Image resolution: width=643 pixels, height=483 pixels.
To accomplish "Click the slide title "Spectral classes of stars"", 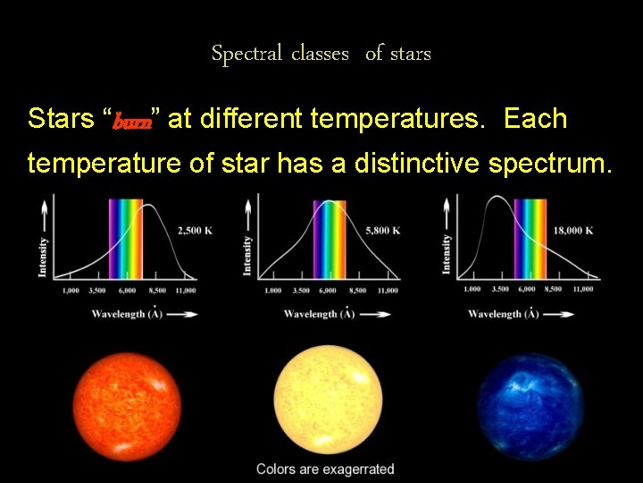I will click(321, 54).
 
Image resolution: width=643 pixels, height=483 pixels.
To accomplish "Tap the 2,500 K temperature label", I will click(196, 230).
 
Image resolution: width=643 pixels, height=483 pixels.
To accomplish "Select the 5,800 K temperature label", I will click(382, 231).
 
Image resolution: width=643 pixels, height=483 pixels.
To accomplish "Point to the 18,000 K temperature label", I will click(573, 230).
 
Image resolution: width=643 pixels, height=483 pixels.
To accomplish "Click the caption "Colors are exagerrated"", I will click(325, 469).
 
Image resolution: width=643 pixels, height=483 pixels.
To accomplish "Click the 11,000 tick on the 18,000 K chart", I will click(582, 289).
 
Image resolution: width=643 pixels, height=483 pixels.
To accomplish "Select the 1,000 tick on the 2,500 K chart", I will click(71, 290).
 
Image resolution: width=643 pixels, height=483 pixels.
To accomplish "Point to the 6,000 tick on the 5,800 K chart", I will click(327, 290).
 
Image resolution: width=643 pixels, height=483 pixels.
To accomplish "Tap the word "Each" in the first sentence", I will click(536, 118).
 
